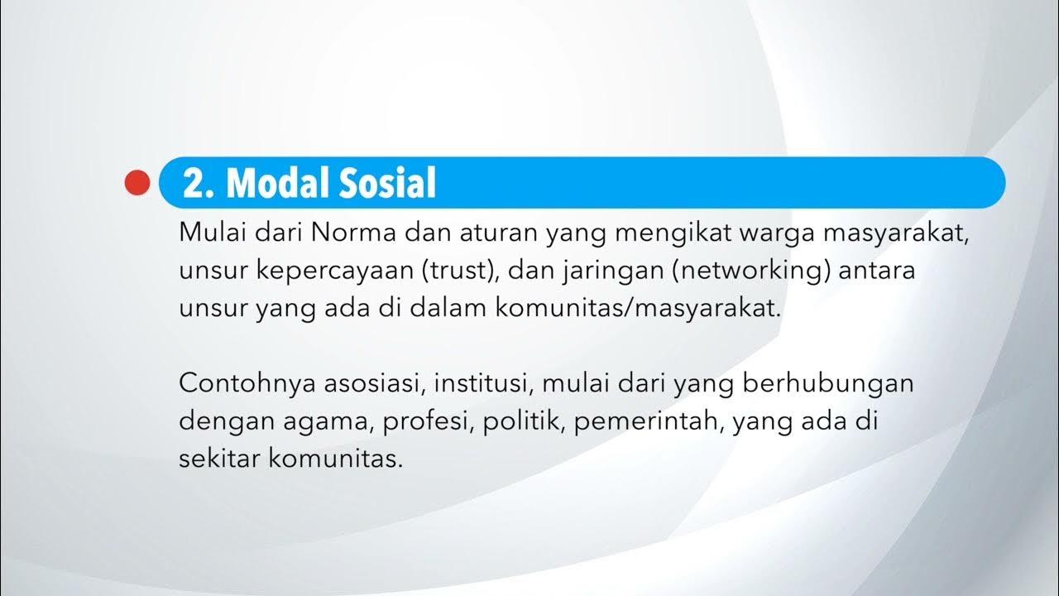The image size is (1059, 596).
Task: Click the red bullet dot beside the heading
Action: pos(137,183)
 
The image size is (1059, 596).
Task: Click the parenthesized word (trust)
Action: pos(462,272)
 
